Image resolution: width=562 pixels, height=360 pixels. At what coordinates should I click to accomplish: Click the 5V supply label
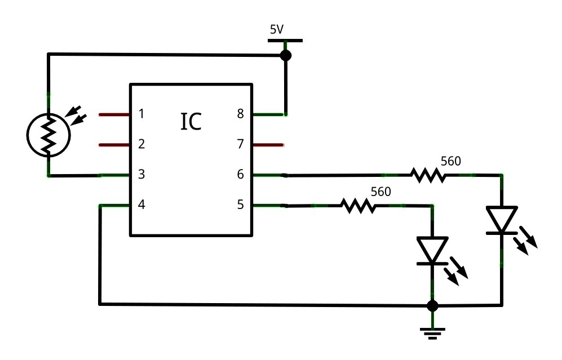277,30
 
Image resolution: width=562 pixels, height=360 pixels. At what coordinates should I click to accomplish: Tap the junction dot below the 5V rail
286,55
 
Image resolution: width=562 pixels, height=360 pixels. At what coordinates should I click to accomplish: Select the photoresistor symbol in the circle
48,134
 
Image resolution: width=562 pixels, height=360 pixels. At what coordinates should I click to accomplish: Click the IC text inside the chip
191,122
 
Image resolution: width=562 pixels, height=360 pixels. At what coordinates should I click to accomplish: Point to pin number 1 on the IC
141,114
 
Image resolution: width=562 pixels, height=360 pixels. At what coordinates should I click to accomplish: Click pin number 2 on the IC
141,144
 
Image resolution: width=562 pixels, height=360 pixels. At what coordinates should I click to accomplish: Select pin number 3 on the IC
141,175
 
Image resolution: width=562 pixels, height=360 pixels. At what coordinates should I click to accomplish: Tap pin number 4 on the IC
141,205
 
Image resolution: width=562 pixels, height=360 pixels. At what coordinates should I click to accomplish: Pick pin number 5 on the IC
241,205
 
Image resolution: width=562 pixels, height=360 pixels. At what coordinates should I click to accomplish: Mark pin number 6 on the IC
241,175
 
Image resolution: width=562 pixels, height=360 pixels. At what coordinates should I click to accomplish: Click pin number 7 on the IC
241,144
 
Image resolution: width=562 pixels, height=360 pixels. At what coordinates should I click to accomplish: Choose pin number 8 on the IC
241,114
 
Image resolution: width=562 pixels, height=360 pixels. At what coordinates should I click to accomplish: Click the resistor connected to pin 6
428,176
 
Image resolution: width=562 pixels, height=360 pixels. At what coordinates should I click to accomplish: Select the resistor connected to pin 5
359,206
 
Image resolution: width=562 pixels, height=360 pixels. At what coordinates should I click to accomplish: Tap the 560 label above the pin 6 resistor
450,161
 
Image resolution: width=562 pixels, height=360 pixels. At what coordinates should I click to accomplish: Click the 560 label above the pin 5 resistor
380,192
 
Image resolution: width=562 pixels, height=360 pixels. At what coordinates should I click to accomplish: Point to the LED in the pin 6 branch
501,220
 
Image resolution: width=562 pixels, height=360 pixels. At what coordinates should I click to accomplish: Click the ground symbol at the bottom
432,332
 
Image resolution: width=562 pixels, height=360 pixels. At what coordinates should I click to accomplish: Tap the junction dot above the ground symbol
432,305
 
